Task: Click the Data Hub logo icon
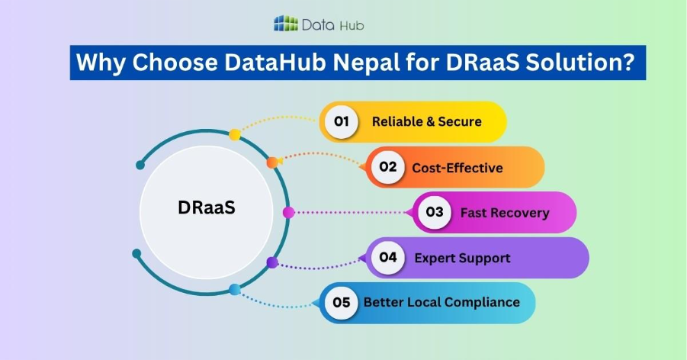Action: click(x=286, y=24)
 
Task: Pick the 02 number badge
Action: click(x=388, y=167)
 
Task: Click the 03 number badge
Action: click(x=435, y=212)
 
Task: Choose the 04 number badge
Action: click(x=388, y=257)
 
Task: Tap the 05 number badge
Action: click(x=342, y=302)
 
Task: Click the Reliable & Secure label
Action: click(x=426, y=121)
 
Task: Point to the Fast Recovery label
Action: click(x=504, y=212)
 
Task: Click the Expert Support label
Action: click(x=462, y=257)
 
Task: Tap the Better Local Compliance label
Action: click(x=441, y=302)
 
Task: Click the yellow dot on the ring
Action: click(x=235, y=134)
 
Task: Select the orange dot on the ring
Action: click(x=271, y=162)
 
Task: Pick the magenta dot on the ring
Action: click(x=288, y=212)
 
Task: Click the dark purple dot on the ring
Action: click(x=272, y=262)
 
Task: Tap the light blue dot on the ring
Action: click(x=235, y=289)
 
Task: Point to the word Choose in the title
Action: click(x=165, y=62)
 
